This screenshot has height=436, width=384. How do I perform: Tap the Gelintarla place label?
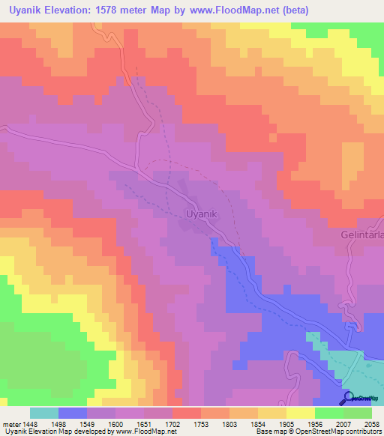359,234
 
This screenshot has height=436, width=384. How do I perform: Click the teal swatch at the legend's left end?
44,413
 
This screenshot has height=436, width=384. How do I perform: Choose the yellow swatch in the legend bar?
300,413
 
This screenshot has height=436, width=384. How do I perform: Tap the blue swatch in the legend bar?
73,413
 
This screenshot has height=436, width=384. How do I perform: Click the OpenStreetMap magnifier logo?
348,398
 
